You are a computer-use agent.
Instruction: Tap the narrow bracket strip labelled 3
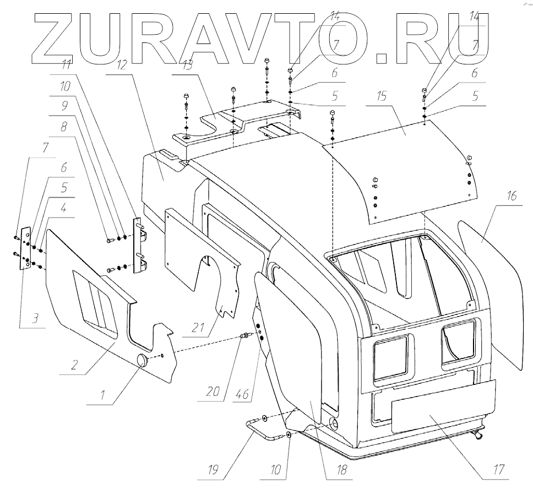coord(25,248)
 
